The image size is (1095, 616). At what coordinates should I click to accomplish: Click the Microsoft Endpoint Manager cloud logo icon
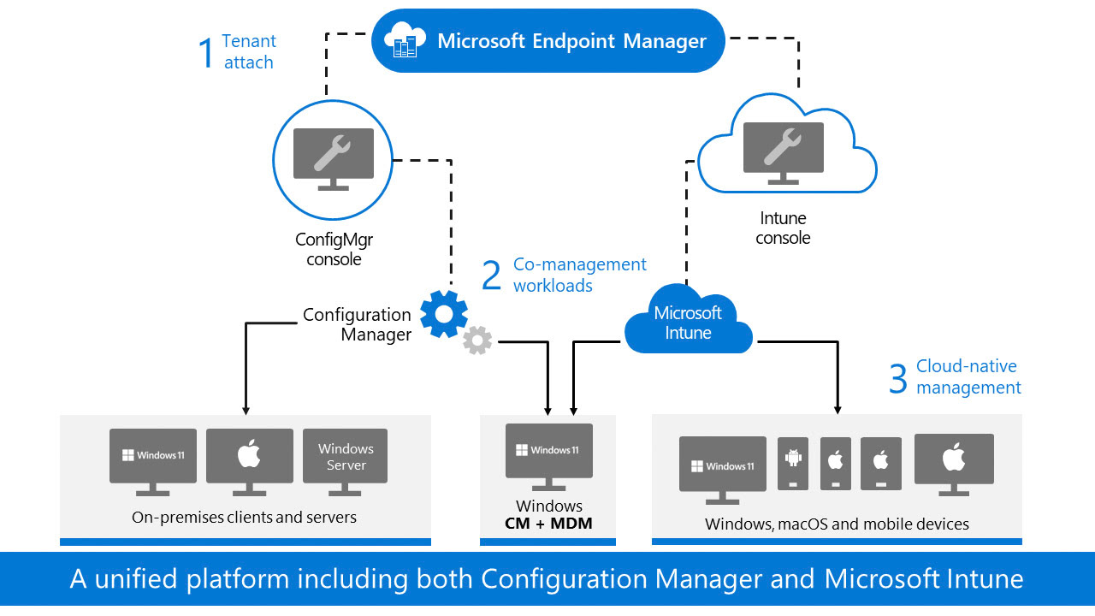click(x=405, y=39)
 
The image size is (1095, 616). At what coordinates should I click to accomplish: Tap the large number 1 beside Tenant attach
click(x=206, y=53)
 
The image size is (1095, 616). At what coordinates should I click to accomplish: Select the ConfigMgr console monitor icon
click(x=334, y=159)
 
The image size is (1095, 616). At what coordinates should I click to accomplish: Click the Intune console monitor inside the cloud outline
click(x=783, y=153)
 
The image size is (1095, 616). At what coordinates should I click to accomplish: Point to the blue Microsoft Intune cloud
click(x=689, y=320)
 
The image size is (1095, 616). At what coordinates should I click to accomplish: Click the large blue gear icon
click(x=444, y=314)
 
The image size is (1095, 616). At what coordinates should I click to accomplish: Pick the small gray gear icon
click(x=477, y=340)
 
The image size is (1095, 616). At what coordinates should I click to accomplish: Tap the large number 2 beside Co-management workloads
click(x=491, y=275)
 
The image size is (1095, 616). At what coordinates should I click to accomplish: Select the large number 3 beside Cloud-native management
click(x=898, y=378)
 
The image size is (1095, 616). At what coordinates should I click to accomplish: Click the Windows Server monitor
click(x=345, y=462)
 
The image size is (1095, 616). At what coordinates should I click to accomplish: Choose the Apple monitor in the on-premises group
click(x=249, y=462)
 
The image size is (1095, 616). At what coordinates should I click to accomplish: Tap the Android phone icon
click(x=792, y=464)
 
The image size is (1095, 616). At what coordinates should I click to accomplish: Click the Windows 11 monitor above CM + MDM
click(x=549, y=457)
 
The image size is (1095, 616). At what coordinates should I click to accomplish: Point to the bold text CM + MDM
click(x=548, y=523)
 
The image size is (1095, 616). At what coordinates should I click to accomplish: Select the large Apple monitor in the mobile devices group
click(x=954, y=465)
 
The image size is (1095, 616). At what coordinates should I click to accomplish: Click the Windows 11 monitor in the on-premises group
click(x=153, y=462)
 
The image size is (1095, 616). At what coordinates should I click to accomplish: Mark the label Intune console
click(x=783, y=228)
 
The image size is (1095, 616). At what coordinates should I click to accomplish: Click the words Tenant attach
click(x=249, y=52)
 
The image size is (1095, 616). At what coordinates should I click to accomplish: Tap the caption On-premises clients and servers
click(x=244, y=518)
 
